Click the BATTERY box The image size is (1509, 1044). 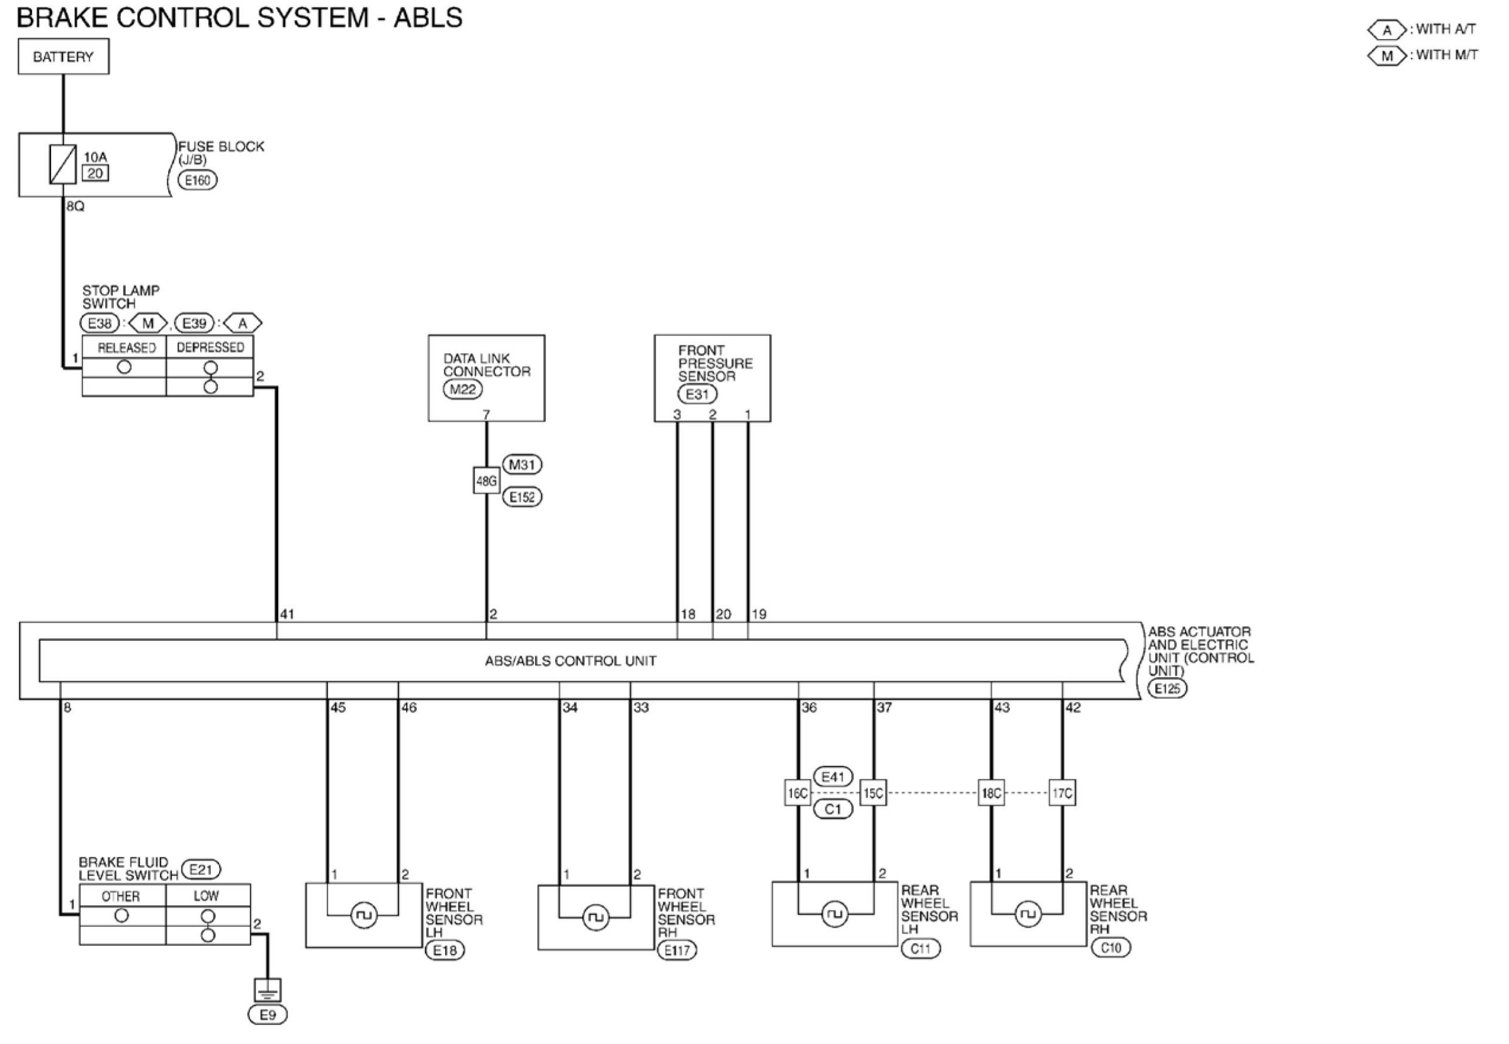[x=64, y=57]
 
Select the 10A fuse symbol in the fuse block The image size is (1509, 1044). [x=63, y=164]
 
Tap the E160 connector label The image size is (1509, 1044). [x=197, y=180]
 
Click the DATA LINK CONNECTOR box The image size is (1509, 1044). [x=486, y=378]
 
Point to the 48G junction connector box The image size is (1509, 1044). [x=486, y=481]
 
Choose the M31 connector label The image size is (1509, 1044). [x=522, y=464]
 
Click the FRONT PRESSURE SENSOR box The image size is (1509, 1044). [x=712, y=378]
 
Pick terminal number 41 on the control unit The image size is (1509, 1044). [x=286, y=614]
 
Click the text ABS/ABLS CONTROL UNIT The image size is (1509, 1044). [x=570, y=661]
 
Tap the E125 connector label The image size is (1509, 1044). [x=1167, y=688]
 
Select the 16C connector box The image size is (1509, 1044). [x=797, y=794]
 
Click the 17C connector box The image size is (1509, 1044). [x=1061, y=794]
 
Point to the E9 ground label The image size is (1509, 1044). [x=268, y=1014]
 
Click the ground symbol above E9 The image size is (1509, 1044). [x=267, y=990]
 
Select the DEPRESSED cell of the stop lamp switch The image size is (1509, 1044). [x=210, y=347]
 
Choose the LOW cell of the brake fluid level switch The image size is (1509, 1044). [x=206, y=895]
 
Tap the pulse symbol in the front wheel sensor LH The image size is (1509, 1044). [x=364, y=915]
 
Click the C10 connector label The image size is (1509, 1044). [x=1111, y=947]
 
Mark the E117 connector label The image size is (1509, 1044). [x=677, y=950]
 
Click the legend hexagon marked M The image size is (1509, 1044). [x=1387, y=55]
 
